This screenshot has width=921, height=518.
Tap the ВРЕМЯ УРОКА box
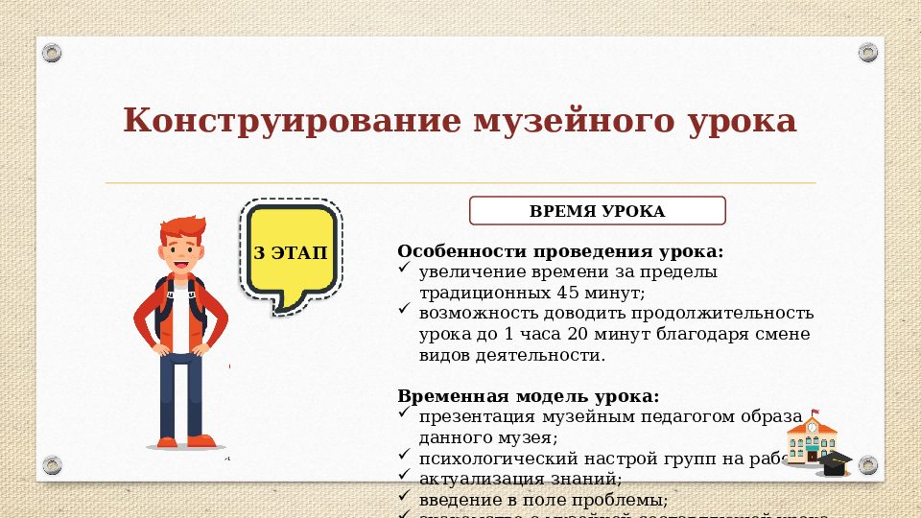coord(596,211)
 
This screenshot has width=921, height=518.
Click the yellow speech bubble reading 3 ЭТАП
coord(289,253)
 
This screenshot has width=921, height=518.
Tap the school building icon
coord(811,440)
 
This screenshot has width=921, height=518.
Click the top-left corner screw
coord(52,52)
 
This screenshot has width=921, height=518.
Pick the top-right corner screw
coord(868,52)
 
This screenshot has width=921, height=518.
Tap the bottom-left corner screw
coord(52,465)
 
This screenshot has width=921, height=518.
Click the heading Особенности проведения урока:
coord(560,251)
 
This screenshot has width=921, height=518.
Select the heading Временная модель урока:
coord(529,396)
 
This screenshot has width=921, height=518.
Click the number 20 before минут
coord(563,334)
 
